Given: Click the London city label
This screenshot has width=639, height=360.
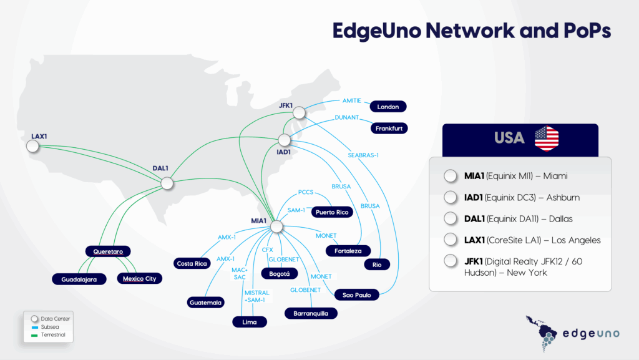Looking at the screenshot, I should [x=388, y=107].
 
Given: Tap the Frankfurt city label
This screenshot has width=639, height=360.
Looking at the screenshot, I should [x=389, y=129].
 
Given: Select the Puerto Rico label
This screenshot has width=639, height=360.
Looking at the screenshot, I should [x=333, y=212].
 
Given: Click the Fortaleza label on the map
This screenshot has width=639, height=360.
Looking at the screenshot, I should [x=348, y=251].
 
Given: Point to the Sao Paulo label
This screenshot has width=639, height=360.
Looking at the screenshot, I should [x=357, y=294].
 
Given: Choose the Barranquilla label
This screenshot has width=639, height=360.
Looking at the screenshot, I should [x=311, y=313].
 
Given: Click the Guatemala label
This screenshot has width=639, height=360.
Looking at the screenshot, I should [x=205, y=303].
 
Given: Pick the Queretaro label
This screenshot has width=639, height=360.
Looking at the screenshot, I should [x=112, y=251].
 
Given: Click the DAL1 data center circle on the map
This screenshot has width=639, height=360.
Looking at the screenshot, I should [x=167, y=183].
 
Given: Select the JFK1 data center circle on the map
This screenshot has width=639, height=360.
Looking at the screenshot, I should [x=300, y=112].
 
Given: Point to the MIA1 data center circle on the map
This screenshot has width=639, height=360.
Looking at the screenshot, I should [x=277, y=226].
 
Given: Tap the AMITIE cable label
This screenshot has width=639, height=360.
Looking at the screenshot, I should [x=352, y=100].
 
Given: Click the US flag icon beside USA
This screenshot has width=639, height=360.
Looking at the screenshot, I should [x=547, y=138].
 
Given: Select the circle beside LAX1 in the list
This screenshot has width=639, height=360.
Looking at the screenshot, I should [x=450, y=240].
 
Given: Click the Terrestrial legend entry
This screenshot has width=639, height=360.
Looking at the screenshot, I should [x=51, y=335].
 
